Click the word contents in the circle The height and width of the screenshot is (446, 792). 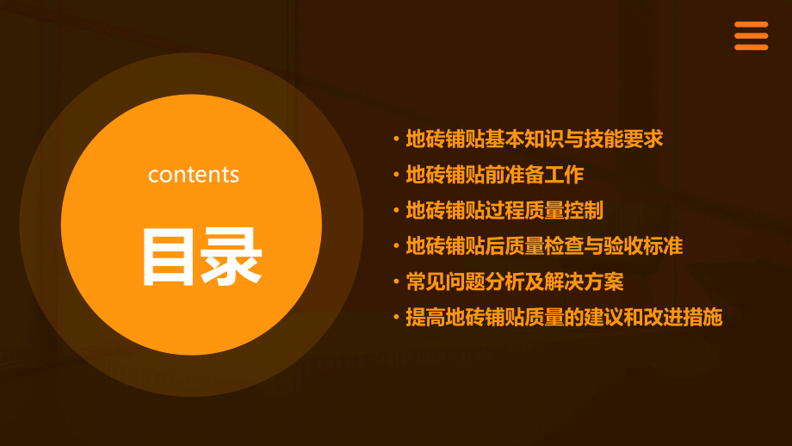click(x=194, y=175)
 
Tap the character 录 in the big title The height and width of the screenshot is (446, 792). click(x=230, y=256)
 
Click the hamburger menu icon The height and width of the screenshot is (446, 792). click(x=751, y=36)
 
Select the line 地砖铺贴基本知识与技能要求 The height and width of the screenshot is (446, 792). click(x=535, y=139)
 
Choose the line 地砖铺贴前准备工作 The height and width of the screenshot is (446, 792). click(x=495, y=175)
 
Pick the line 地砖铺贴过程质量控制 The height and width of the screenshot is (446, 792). click(x=504, y=210)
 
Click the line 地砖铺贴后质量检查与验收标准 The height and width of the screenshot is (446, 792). click(x=544, y=246)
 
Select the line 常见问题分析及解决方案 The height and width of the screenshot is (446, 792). click(x=515, y=282)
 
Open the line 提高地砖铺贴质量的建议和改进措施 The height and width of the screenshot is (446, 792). click(x=564, y=317)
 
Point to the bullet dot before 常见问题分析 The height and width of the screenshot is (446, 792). click(x=396, y=282)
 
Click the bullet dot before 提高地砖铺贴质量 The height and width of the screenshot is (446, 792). click(x=396, y=318)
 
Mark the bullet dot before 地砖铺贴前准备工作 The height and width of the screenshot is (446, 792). click(x=396, y=176)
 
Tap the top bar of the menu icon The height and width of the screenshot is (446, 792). click(x=751, y=25)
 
